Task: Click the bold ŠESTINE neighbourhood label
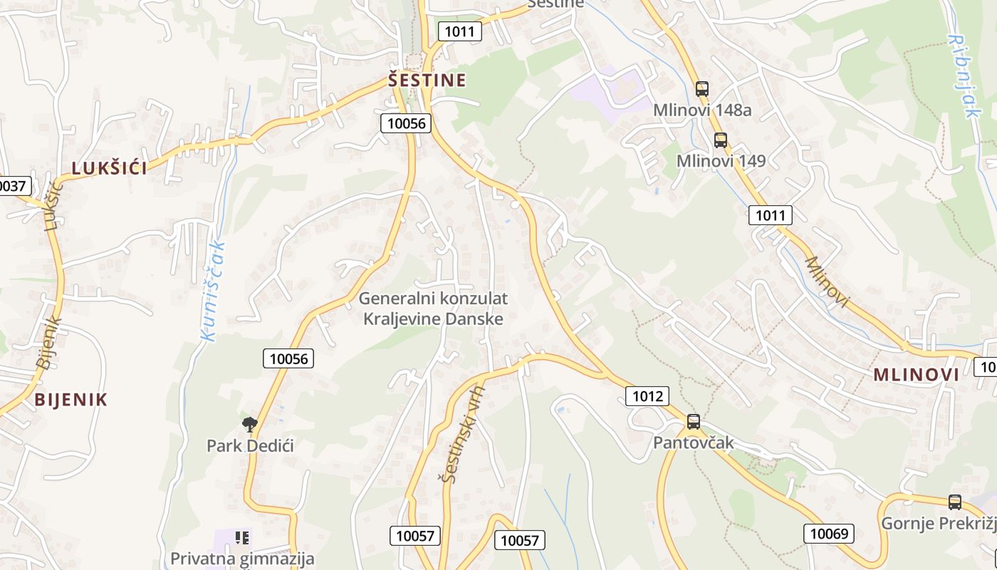(x=427, y=80)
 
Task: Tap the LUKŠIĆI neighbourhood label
(x=109, y=168)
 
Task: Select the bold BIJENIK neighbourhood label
(x=71, y=400)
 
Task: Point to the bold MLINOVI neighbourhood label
(x=916, y=375)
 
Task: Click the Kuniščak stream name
(x=213, y=291)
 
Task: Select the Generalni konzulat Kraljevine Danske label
(x=433, y=309)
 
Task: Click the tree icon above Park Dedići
(x=249, y=425)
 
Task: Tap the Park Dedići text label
(x=250, y=446)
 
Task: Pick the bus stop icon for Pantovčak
(x=693, y=422)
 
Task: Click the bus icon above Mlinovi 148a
(x=702, y=89)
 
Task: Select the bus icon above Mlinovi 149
(x=721, y=140)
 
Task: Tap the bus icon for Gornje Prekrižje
(x=954, y=502)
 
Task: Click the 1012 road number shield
(x=647, y=396)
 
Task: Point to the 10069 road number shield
(x=830, y=533)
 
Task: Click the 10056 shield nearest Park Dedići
(x=288, y=358)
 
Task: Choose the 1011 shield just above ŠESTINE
(x=459, y=31)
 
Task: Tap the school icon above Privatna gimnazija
(x=242, y=538)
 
